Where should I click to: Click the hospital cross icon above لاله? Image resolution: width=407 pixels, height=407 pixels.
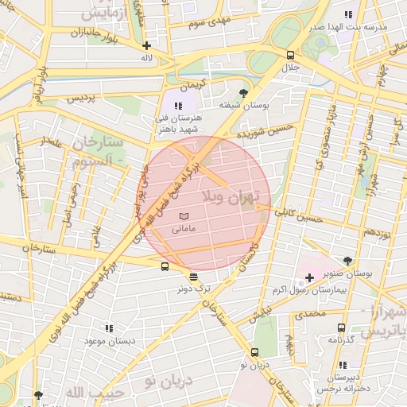click(x=146, y=45)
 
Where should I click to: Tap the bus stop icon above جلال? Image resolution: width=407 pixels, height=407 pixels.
click(x=291, y=55)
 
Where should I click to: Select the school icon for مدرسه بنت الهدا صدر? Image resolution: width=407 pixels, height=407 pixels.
click(x=347, y=14)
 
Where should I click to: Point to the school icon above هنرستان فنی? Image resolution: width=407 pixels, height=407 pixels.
click(x=179, y=105)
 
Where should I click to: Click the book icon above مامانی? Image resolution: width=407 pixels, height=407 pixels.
click(x=184, y=215)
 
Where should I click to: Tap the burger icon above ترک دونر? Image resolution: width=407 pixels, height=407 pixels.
click(x=194, y=277)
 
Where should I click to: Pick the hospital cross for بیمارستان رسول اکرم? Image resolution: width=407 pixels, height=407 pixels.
click(x=309, y=277)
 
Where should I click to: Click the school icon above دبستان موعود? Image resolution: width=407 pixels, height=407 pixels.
click(x=109, y=328)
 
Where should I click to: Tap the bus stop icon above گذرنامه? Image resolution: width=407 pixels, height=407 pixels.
click(x=341, y=327)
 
